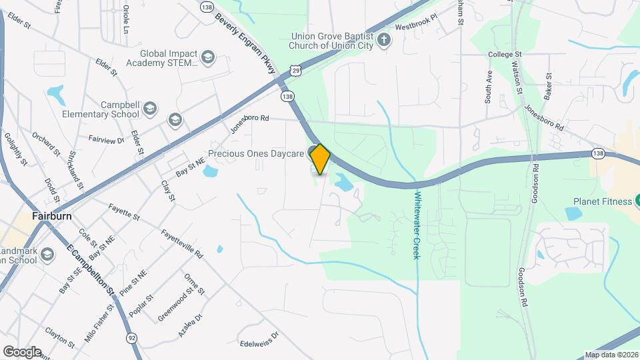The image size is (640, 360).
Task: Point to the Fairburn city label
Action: [x=51, y=217]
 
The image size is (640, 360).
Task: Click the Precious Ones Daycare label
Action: [x=256, y=154]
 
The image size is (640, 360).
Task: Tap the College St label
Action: [x=505, y=54]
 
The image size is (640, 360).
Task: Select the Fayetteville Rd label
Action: [x=181, y=243]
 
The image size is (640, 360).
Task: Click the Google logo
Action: [x=21, y=351]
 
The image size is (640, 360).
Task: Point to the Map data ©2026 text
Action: [x=611, y=355]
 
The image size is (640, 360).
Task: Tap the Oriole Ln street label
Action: [x=125, y=19]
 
